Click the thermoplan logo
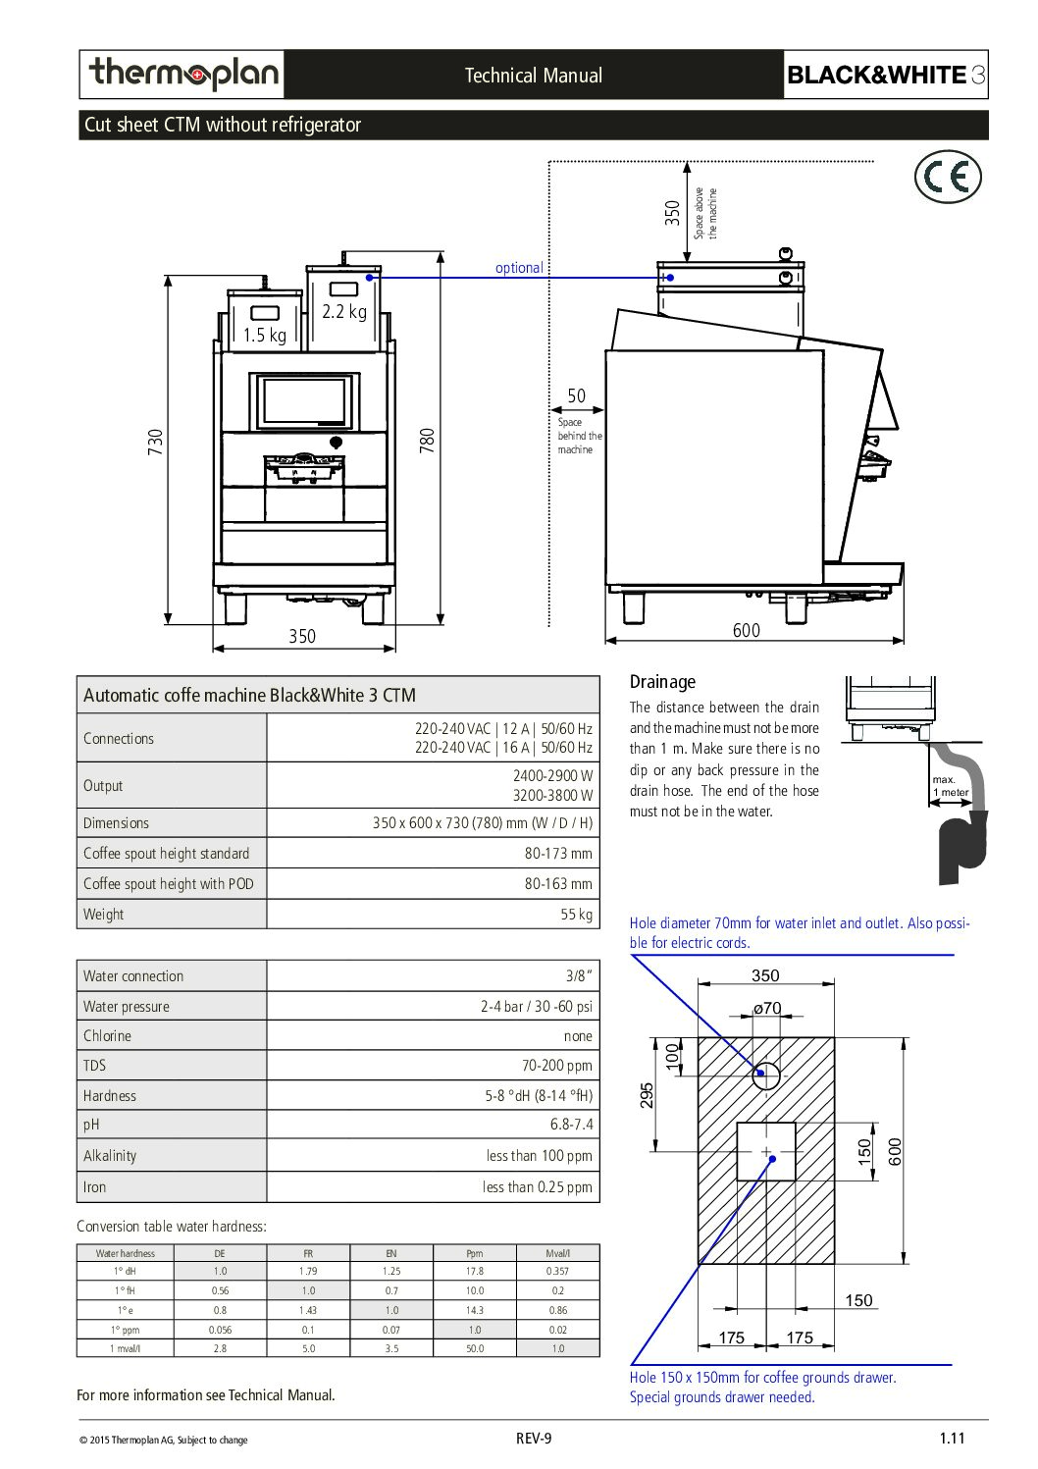182,74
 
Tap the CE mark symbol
947,177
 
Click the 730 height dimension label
155,442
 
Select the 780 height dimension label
427,441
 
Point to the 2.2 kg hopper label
344,311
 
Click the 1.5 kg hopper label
265,336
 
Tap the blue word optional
519,268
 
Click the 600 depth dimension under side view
747,630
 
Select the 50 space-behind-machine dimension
576,396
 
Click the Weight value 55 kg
576,915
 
